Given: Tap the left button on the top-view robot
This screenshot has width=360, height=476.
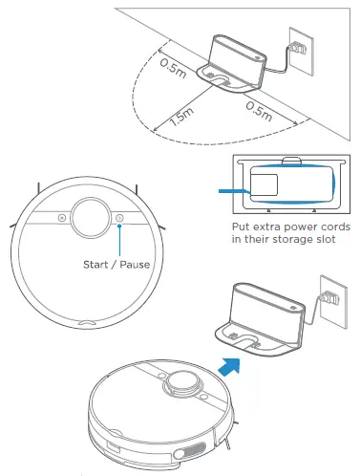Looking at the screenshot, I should click(x=62, y=219).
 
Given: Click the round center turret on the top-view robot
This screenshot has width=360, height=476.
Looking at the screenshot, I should click(x=91, y=217).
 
